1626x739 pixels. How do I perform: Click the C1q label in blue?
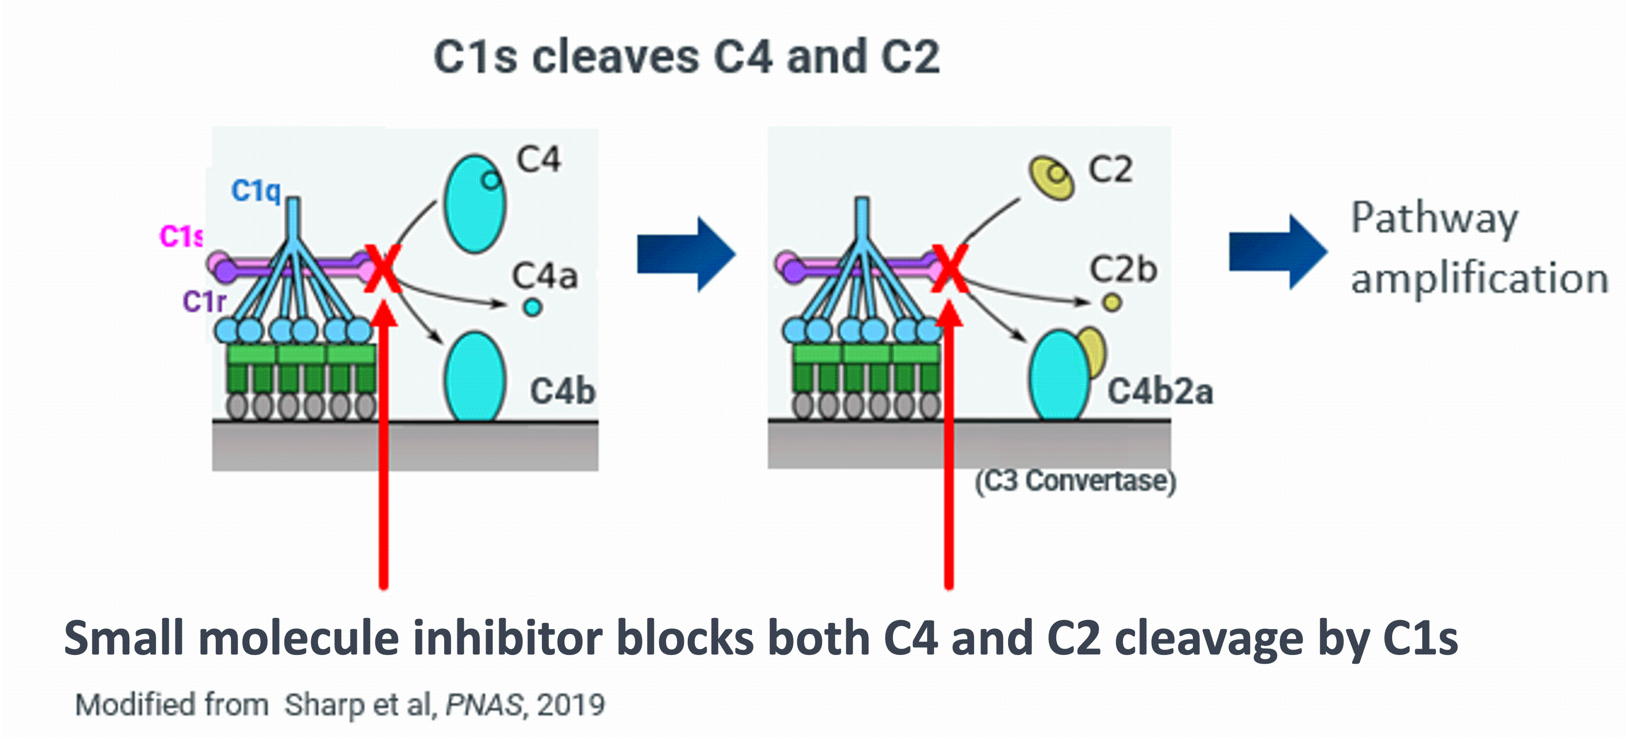256,190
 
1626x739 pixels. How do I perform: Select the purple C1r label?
204,302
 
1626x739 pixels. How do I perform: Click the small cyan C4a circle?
533,308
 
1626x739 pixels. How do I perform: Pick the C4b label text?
562,391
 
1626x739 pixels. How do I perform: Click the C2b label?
1123,270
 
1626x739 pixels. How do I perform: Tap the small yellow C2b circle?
1112,303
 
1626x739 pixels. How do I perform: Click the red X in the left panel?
383,270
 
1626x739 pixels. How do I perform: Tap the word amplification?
1479,278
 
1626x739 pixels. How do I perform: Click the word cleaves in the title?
615,57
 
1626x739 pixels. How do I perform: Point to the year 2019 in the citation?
571,705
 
